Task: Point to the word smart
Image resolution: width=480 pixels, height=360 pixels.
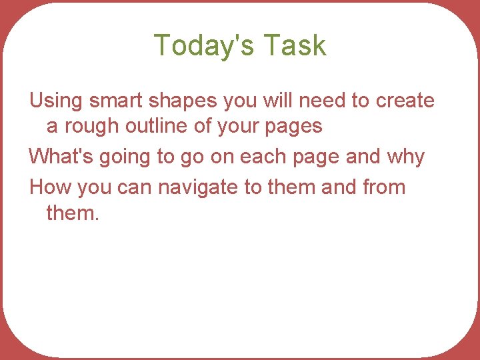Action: click(x=113, y=101)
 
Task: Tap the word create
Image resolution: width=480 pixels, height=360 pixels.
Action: click(x=405, y=101)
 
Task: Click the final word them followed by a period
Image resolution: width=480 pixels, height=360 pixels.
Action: click(x=71, y=213)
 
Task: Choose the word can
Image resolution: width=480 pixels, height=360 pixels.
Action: click(x=135, y=187)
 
